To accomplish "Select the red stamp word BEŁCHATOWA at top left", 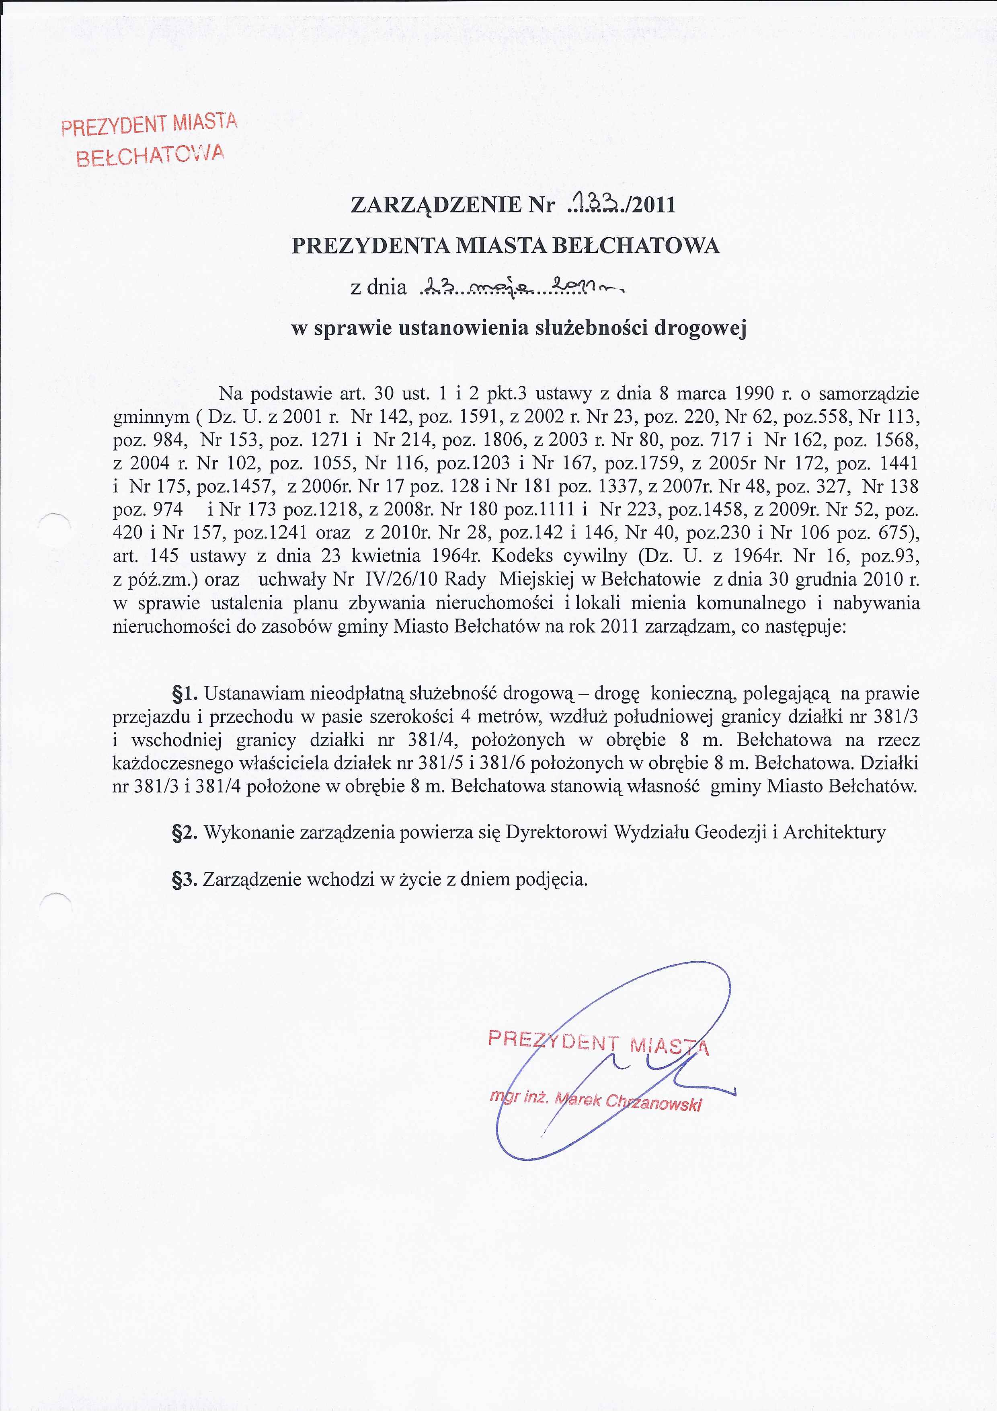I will click(x=149, y=156).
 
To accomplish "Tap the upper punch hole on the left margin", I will click(x=53, y=528).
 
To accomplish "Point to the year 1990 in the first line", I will click(x=753, y=393).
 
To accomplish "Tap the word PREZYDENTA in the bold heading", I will click(x=370, y=246).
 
